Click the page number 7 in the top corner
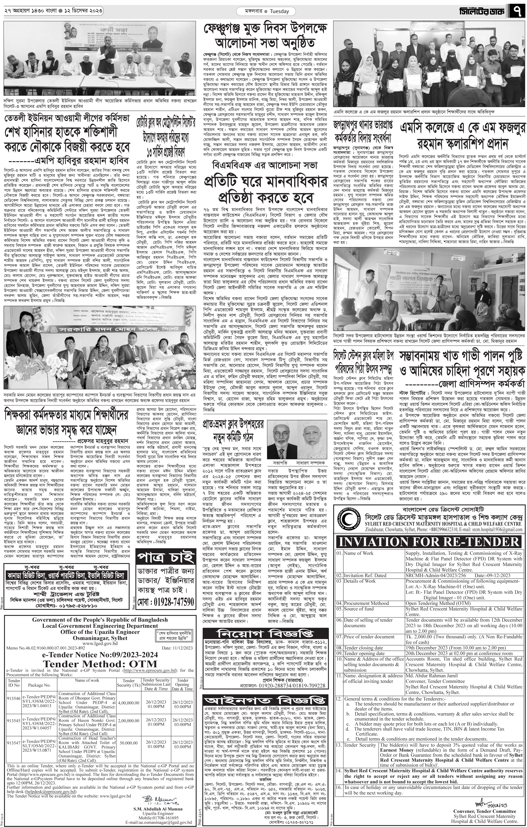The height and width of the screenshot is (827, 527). point(518,11)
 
